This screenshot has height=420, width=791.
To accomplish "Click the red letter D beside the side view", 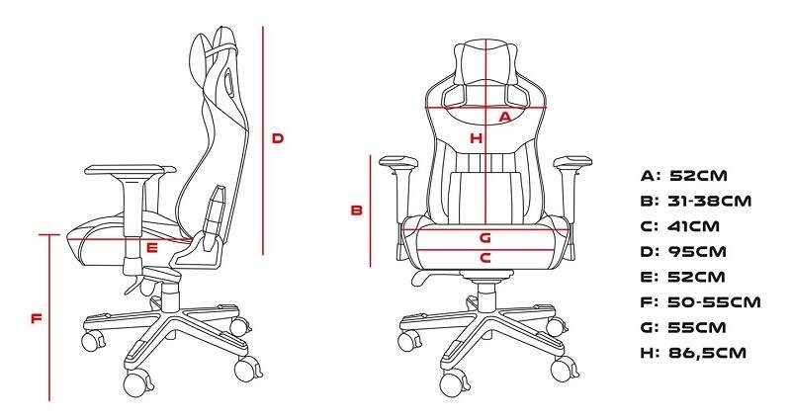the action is coord(278,138).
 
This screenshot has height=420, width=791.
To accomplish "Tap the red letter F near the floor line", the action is coord(36,318).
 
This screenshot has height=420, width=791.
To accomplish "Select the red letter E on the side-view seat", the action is coord(152,248).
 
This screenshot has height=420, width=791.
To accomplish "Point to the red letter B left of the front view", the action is coord(357,210).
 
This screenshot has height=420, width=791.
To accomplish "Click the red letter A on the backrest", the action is coord(505,117).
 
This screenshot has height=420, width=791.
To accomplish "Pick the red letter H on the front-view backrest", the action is coord(477,138).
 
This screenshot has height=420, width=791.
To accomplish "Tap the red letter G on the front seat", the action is coord(484,237).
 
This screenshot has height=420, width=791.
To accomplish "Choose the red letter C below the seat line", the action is coord(484,258).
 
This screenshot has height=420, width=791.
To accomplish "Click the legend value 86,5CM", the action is coord(707,353).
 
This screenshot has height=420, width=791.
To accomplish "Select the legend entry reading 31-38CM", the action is coord(709,202).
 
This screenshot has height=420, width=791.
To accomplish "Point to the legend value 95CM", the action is coord(697,252).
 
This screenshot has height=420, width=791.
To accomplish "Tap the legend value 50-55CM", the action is coord(714,302).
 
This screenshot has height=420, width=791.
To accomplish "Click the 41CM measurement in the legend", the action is coord(693,226).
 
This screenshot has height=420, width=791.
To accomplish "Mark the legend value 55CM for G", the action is coord(697,327).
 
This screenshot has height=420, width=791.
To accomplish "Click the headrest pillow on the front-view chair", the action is coord(485,63).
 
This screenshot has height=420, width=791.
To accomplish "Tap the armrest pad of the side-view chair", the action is coord(131,170).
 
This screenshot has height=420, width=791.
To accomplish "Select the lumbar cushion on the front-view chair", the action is coord(484,196).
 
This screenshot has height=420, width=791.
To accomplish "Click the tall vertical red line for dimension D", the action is coord(263,140).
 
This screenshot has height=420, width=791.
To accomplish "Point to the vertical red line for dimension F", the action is coord(49,317).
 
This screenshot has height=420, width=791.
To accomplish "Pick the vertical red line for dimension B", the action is coord(370,210).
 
